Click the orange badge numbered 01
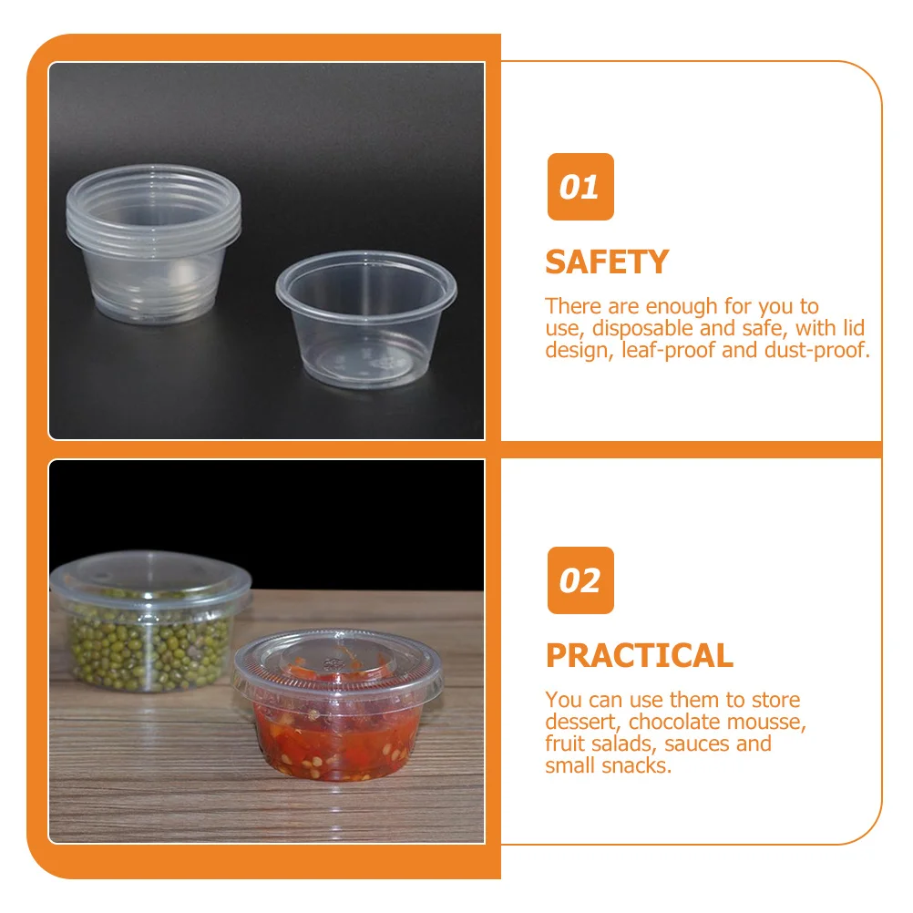pyautogui.click(x=580, y=187)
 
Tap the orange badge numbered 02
pyautogui.click(x=580, y=580)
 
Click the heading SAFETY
pyautogui.click(x=607, y=262)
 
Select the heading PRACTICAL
pyautogui.click(x=639, y=656)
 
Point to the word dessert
pyautogui.click(x=582, y=722)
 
